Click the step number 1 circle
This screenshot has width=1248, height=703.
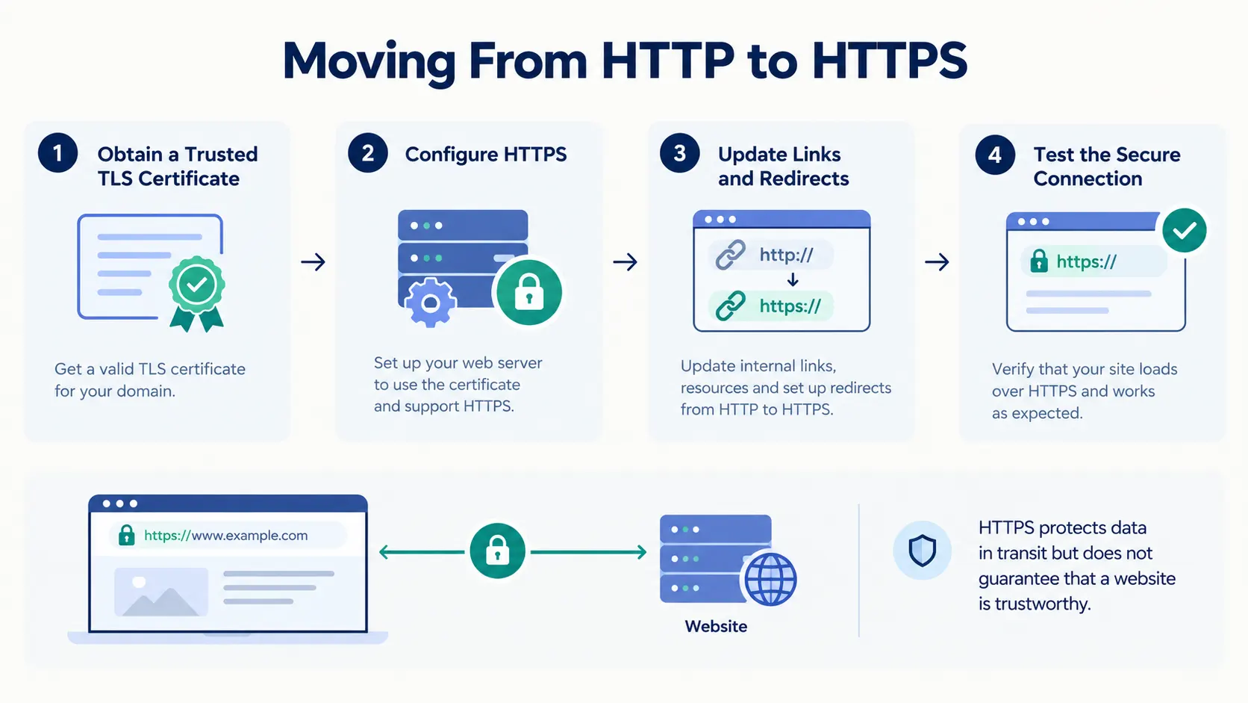tap(57, 152)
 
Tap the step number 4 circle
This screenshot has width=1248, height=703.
tap(995, 155)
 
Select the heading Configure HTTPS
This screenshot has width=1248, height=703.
tap(485, 155)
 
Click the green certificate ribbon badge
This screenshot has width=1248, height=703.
tap(196, 294)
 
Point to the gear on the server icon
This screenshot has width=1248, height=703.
tap(430, 303)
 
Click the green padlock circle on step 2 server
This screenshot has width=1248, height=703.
tap(528, 292)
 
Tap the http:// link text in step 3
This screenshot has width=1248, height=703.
tap(786, 255)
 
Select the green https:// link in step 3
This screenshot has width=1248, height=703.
tap(790, 306)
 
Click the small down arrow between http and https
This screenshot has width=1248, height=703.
tap(793, 279)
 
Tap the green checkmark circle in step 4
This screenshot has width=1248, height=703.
tap(1185, 230)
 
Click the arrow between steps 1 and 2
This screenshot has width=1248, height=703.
tap(313, 261)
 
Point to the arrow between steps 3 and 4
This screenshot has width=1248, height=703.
tap(937, 261)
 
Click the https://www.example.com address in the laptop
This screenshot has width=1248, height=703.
tap(225, 535)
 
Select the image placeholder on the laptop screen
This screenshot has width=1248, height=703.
tap(161, 592)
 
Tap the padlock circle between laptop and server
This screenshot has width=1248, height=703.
tap(498, 551)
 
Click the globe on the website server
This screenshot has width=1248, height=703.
tap(770, 579)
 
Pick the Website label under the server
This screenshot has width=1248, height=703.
tap(716, 626)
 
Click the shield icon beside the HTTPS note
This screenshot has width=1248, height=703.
tap(922, 551)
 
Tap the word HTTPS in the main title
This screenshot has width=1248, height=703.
tap(889, 61)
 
